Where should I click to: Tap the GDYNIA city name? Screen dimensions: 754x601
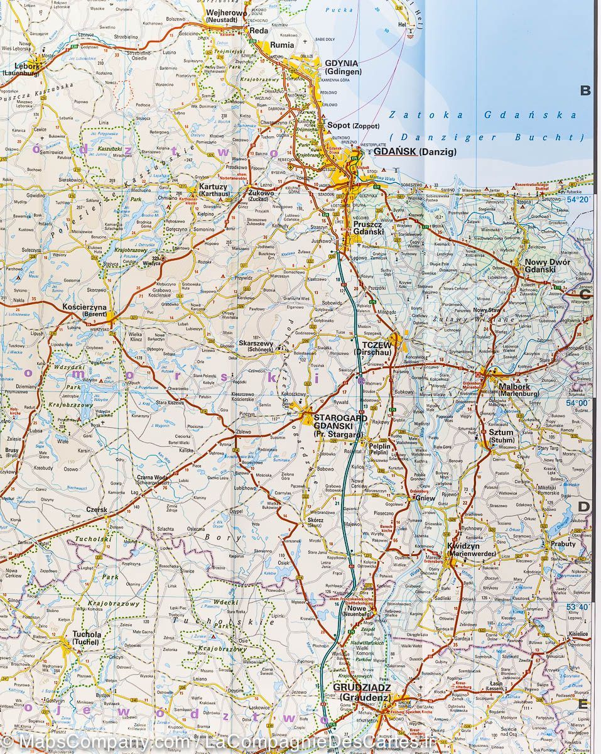pyautogui.click(x=342, y=63)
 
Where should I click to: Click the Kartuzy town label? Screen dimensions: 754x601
pyautogui.click(x=213, y=187)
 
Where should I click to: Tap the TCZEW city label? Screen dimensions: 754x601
pyautogui.click(x=377, y=346)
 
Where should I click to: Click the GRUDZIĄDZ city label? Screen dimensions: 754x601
pyautogui.click(x=362, y=687)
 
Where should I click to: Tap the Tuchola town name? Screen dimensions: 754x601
pyautogui.click(x=87, y=635)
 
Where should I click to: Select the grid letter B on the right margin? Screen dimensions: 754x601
pyautogui.click(x=585, y=91)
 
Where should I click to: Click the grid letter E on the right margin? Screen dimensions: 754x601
pyautogui.click(x=583, y=704)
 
